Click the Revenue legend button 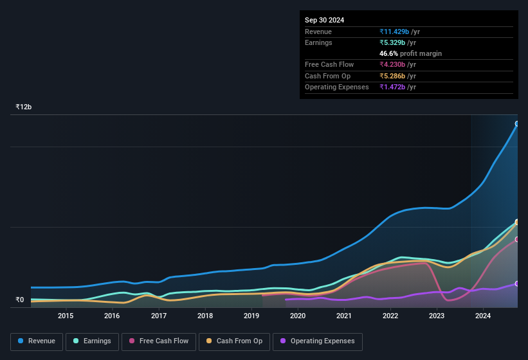tap(37, 341)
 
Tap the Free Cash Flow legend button tap(158, 341)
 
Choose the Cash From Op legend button tap(233, 341)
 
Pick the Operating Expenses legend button tap(318, 341)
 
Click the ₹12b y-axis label tap(24, 107)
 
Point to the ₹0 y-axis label tap(19, 300)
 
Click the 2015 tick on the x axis tap(66, 316)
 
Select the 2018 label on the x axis tap(205, 316)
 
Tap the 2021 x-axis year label tap(344, 316)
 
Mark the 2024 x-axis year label tap(484, 316)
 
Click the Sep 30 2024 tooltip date tap(324, 20)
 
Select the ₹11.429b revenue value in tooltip tap(399, 32)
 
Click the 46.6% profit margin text tap(410, 53)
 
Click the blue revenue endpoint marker tap(517, 123)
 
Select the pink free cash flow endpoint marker tap(517, 239)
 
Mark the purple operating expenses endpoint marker tap(517, 283)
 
